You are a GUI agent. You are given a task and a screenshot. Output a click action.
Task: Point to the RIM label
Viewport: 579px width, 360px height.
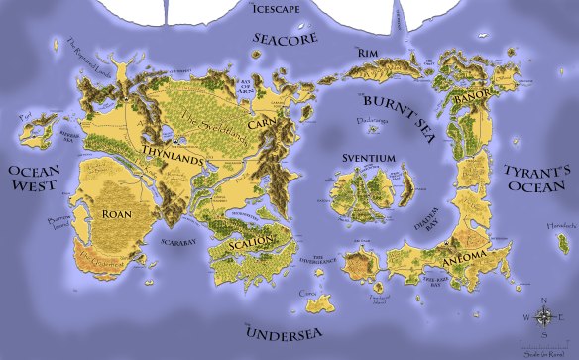coord(369,53)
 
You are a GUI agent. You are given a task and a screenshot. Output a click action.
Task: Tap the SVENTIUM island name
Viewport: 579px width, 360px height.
coord(374,158)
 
